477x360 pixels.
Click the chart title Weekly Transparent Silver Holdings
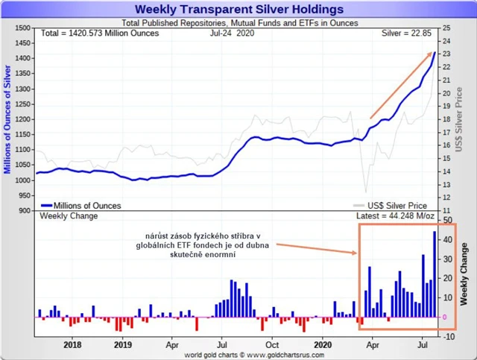pyautogui.click(x=238, y=10)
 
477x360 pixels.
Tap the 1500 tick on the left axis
pyautogui.click(x=22, y=28)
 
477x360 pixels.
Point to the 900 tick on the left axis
pyautogui.click(x=24, y=211)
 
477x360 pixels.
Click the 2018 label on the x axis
pyautogui.click(x=73, y=345)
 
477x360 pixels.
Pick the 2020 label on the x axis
pyautogui.click(x=323, y=345)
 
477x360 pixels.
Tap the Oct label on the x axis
pyautogui.click(x=272, y=345)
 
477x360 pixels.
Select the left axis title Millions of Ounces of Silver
pyautogui.click(x=7, y=119)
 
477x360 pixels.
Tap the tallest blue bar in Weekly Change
pyautogui.click(x=435, y=274)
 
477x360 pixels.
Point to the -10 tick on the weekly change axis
pyautogui.click(x=447, y=336)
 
